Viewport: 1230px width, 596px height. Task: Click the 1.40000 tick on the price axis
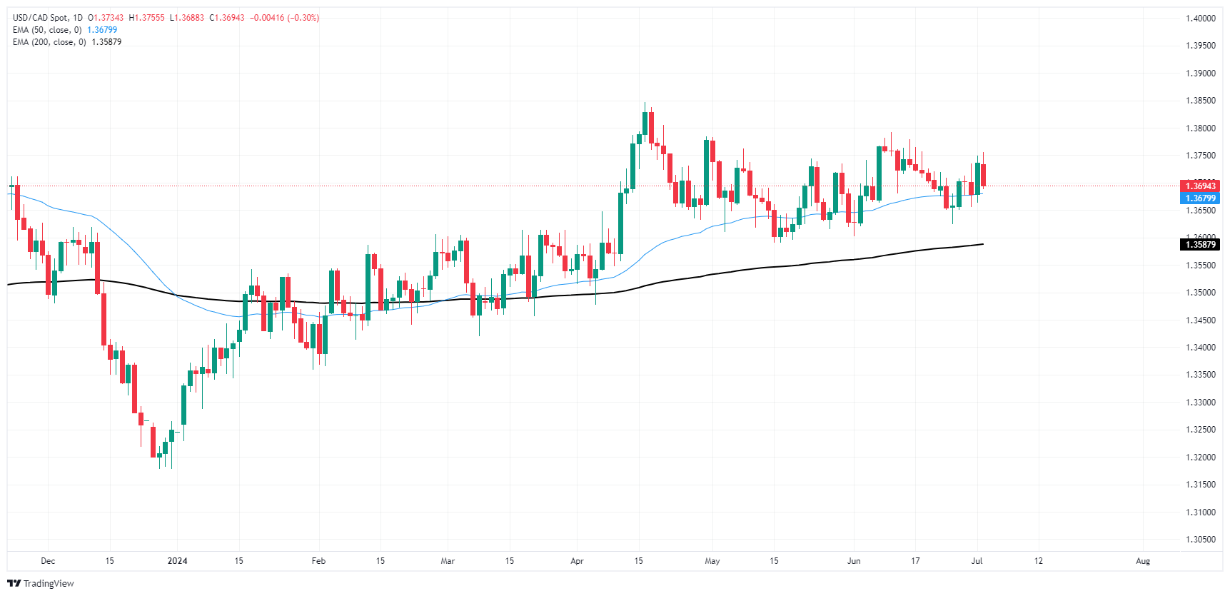(1200, 19)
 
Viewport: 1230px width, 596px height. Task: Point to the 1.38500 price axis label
(1200, 101)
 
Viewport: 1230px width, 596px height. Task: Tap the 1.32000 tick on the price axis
(1200, 458)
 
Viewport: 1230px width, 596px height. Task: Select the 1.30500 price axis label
(1200, 540)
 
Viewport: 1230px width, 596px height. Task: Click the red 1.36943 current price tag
(1200, 186)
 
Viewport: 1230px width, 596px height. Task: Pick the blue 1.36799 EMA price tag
(1200, 198)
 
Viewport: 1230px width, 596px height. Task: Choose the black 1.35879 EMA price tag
(1200, 245)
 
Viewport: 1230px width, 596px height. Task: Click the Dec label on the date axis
(48, 561)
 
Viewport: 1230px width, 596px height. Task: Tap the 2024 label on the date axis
(177, 561)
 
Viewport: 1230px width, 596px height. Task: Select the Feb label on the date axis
(318, 561)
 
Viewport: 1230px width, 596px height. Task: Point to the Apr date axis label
(577, 561)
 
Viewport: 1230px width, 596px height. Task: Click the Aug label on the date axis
(1143, 561)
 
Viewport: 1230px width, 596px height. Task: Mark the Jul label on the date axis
(977, 561)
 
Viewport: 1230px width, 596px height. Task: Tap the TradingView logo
(41, 583)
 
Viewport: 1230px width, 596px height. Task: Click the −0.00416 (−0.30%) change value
(284, 18)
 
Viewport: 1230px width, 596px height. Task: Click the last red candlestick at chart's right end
(983, 175)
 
